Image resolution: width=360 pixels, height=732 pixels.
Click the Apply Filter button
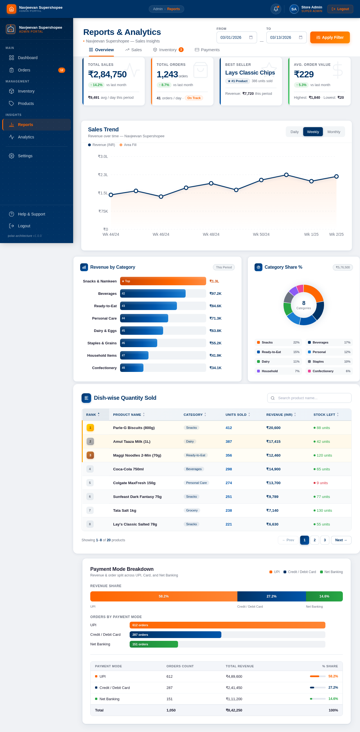point(330,37)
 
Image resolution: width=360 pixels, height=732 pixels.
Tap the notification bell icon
point(276,9)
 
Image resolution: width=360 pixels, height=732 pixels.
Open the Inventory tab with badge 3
point(168,50)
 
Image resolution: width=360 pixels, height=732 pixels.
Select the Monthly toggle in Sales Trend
point(334,132)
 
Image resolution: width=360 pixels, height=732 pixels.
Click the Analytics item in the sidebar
point(26,137)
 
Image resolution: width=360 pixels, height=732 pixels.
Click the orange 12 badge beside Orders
point(62,70)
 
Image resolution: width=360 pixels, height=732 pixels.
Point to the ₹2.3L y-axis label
point(103,175)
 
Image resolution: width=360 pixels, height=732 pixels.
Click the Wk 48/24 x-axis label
point(211,234)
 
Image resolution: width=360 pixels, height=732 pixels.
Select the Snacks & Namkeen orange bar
point(163,281)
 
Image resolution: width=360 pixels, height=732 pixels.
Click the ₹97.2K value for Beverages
point(215,293)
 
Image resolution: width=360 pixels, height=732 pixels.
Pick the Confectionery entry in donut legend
point(329,371)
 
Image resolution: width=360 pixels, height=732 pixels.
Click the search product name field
point(309,398)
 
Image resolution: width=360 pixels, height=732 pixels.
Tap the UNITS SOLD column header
point(236,415)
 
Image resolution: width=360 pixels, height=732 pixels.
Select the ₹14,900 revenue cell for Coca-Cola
point(273,469)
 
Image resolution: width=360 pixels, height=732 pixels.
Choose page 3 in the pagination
point(325,540)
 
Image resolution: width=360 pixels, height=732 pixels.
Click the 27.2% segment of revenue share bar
point(271,596)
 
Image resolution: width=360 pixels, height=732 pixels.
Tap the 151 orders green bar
point(154,644)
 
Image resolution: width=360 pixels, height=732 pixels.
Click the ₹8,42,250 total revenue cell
point(234,710)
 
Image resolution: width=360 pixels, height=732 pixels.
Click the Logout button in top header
point(340,9)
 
